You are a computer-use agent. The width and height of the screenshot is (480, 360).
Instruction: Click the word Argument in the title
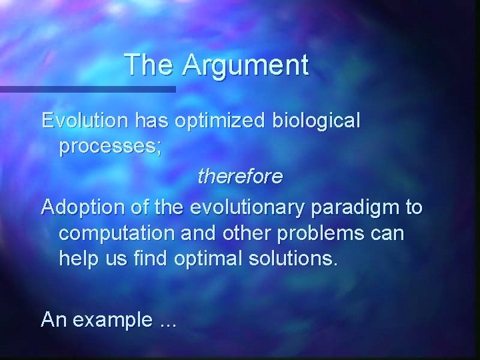click(x=246, y=65)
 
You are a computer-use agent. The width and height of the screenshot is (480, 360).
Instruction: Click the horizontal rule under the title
click(x=87, y=89)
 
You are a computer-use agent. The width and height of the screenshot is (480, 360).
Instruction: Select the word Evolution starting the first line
click(x=85, y=121)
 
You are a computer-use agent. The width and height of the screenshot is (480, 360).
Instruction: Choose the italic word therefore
click(x=240, y=177)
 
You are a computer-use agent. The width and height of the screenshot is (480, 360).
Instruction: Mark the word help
click(x=78, y=258)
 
